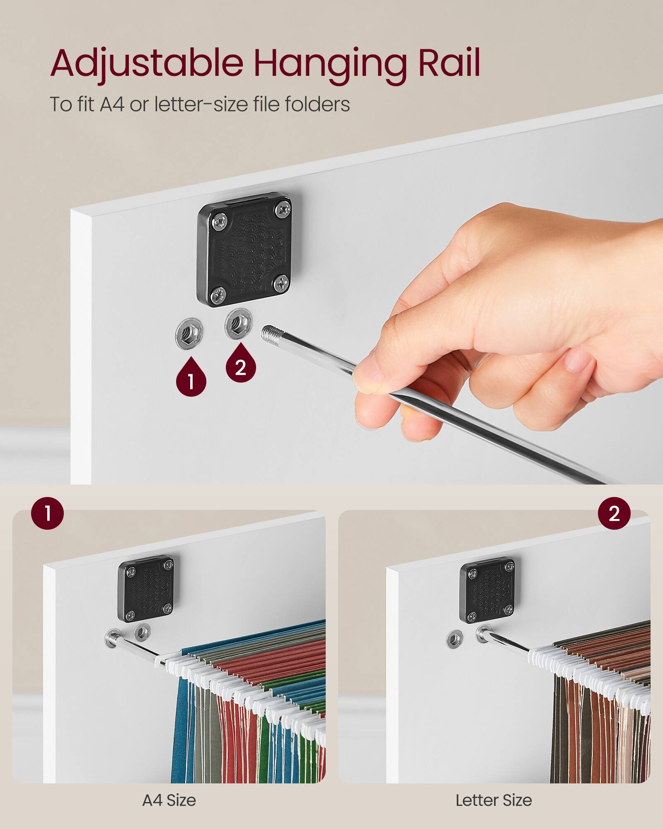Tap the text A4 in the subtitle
point(112,104)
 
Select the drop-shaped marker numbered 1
point(191,379)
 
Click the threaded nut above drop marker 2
point(239,323)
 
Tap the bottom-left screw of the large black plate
point(218,296)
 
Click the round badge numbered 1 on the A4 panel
point(48,513)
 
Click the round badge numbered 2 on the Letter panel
point(614,513)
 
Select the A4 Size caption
point(169,800)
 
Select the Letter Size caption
point(494,800)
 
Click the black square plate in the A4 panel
point(146,589)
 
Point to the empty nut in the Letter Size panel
point(455,639)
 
